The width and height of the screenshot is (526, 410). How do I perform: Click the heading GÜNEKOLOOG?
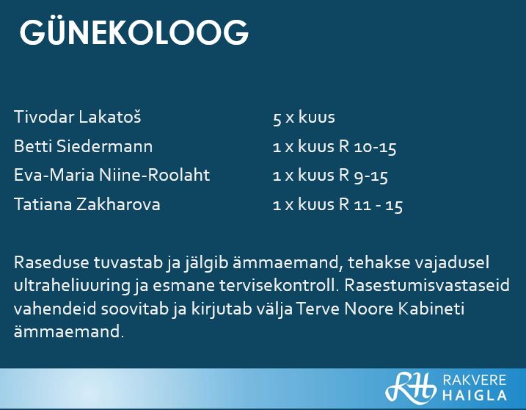pos(134,32)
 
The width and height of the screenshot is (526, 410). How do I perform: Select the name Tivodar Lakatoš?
pos(78,117)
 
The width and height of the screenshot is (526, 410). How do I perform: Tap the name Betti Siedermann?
pos(83,146)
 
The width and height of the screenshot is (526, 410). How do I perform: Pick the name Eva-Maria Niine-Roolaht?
pos(112,175)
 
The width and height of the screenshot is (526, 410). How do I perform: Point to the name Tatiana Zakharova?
pos(87,204)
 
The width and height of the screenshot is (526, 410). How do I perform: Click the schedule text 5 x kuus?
pos(304,118)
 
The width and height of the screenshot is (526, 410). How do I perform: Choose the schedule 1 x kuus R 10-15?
pos(335,147)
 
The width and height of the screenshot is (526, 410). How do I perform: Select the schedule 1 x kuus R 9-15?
pos(330,176)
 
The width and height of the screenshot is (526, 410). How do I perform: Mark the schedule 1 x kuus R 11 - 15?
pos(337,205)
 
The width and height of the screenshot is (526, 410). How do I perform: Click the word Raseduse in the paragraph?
pos(51,262)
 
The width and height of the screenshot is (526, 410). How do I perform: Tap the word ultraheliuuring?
pos(72,286)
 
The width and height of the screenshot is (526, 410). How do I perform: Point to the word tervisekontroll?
pos(277,285)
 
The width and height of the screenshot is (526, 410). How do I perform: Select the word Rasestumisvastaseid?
pos(427,285)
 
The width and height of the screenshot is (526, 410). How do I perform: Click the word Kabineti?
pos(431,308)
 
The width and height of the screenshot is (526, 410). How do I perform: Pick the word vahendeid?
pos(55,308)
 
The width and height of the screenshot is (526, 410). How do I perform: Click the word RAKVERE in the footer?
pos(475,380)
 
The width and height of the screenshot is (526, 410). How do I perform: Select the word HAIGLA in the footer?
pos(475,395)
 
